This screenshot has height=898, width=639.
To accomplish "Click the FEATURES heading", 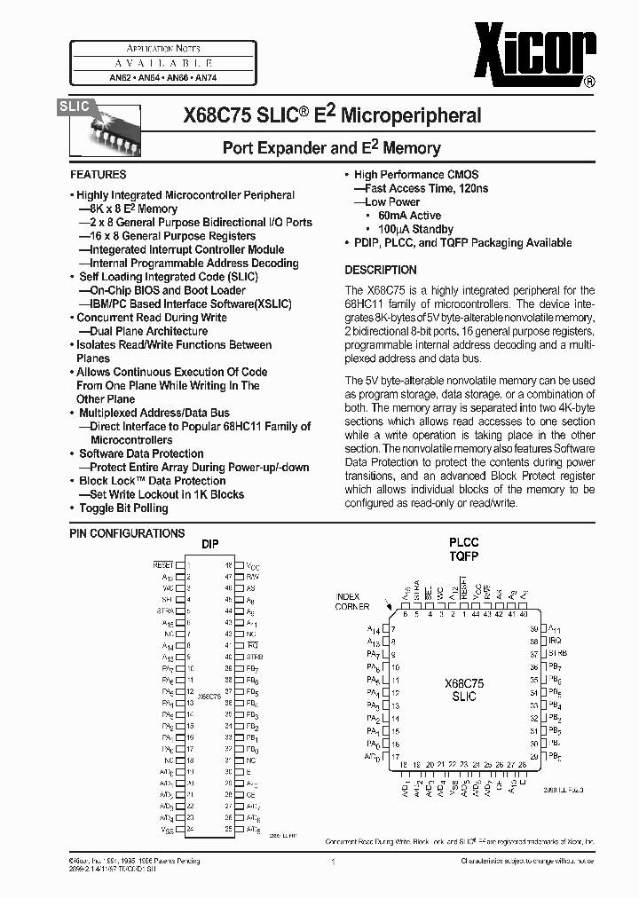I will [98, 175].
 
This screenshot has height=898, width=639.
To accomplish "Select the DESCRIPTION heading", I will [380, 270].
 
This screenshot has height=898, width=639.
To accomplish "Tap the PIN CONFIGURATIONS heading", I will [127, 533].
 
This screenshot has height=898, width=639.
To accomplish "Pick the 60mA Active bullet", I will [409, 216].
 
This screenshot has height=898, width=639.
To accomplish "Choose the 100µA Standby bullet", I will [415, 229].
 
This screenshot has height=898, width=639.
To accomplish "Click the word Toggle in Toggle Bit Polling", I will [97, 508].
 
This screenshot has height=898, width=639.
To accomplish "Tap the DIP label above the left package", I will [209, 544].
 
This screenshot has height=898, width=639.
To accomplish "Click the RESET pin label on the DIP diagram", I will [163, 564].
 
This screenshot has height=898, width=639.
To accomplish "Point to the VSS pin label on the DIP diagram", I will [167, 830].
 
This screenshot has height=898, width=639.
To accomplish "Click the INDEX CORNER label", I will [352, 601].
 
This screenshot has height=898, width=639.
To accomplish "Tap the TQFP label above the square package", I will [463, 556].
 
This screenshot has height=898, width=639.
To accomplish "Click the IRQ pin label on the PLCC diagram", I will [556, 640].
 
